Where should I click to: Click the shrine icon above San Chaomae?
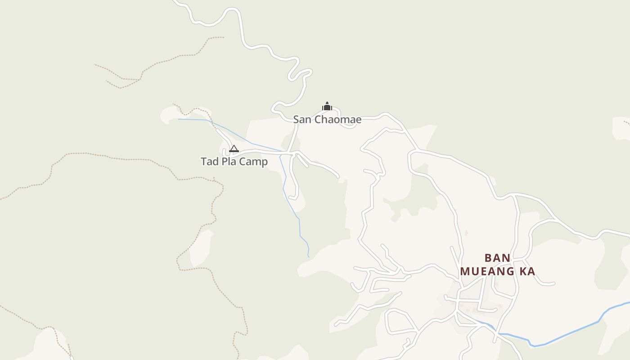tap(327, 106)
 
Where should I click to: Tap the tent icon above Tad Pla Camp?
tap(234, 148)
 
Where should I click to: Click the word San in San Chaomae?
tap(302, 120)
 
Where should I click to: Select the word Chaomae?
tap(337, 120)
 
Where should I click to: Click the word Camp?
tap(254, 162)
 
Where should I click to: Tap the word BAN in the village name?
tap(497, 258)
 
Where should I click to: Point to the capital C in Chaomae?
tap(317, 120)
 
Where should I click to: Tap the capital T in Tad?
tap(203, 162)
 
